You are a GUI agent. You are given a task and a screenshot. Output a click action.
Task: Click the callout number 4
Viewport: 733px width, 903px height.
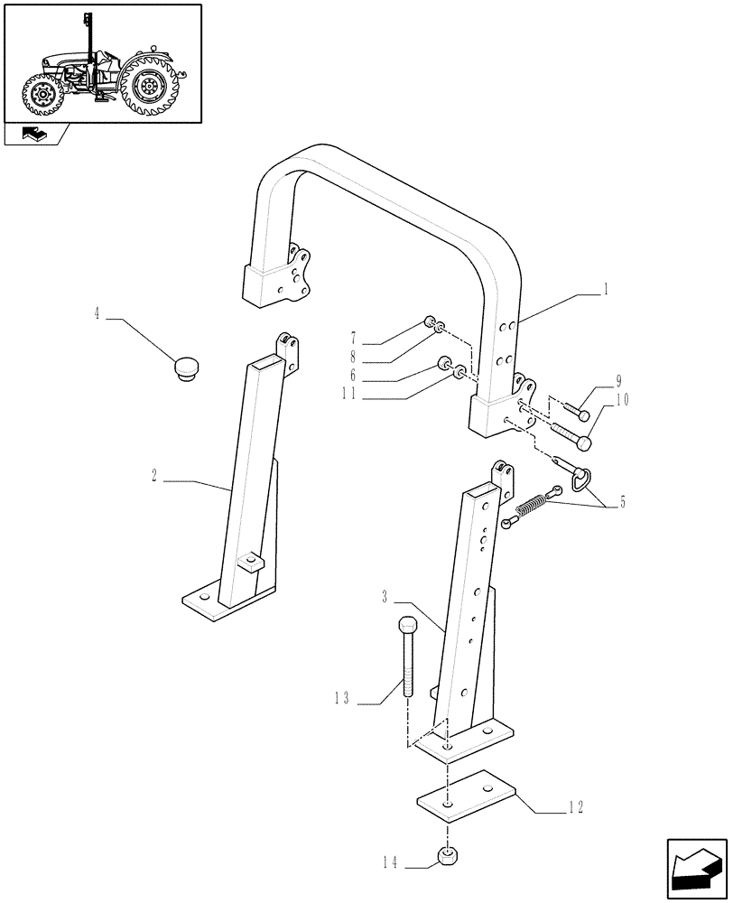(97, 314)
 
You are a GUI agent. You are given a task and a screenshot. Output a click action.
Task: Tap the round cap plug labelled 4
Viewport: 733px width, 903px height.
(188, 368)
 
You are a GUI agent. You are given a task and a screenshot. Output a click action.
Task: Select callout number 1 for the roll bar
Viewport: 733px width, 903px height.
(607, 291)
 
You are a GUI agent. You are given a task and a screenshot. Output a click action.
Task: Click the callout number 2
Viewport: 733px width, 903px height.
(156, 476)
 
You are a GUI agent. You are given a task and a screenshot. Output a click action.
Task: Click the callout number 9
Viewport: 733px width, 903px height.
(618, 380)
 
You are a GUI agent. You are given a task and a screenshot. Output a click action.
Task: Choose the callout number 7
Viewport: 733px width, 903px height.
(353, 335)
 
